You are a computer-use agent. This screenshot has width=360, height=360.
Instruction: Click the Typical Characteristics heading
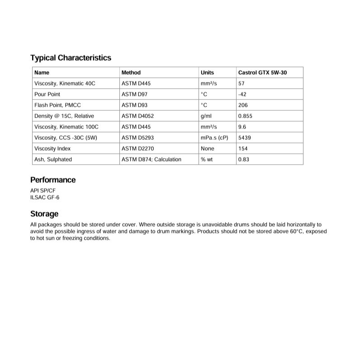coord(71,58)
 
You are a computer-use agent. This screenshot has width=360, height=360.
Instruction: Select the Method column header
coord(131,72)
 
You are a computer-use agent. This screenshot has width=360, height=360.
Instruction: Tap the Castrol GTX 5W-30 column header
coord(262,72)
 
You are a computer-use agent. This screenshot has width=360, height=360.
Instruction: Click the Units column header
coord(207,72)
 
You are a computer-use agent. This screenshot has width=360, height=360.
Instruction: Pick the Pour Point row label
coord(47,94)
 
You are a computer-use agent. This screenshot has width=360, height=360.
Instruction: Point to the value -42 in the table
coord(242,94)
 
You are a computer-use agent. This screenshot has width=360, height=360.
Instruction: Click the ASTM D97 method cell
coord(135,94)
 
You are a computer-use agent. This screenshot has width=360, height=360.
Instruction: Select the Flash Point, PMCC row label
coord(57,105)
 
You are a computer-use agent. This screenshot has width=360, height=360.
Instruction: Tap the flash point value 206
coord(242,105)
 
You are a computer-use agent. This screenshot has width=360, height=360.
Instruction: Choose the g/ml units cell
coord(206,116)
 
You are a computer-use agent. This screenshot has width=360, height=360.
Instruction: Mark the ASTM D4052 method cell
coord(137,116)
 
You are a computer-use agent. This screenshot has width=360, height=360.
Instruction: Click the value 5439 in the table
coord(244,137)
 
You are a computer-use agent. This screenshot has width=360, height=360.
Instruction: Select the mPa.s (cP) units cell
coord(214,137)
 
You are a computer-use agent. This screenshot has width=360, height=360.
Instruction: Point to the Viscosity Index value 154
coord(242,148)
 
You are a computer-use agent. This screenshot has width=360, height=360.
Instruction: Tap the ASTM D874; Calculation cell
coord(151,159)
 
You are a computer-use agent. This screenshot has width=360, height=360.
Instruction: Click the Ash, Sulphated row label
coord(53,159)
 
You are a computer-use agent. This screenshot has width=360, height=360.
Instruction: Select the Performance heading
coord(53,180)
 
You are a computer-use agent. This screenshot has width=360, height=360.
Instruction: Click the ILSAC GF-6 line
coord(45,197)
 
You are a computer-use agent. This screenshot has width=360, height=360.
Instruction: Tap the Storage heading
coord(44,214)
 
